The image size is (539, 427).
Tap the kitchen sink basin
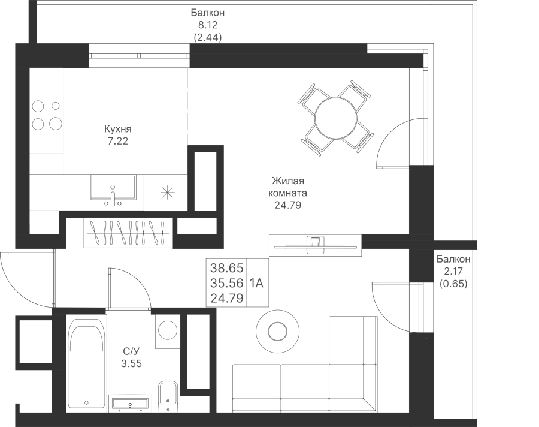(113, 187)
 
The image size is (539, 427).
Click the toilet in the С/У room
(168, 396)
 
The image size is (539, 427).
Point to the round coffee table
(277, 331)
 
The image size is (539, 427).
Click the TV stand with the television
(315, 245)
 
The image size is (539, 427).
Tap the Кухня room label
(117, 129)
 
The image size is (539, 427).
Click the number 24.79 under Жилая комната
(287, 205)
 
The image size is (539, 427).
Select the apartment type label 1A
(256, 283)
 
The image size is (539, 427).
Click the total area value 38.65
(227, 267)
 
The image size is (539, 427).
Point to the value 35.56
(227, 282)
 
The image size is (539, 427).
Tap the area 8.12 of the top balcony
(208, 25)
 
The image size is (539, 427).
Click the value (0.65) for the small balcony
(453, 284)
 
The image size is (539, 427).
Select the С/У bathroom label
(131, 351)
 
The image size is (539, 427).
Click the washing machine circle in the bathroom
(168, 330)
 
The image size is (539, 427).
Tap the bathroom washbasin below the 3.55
(130, 404)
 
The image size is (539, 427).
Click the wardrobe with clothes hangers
(129, 233)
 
